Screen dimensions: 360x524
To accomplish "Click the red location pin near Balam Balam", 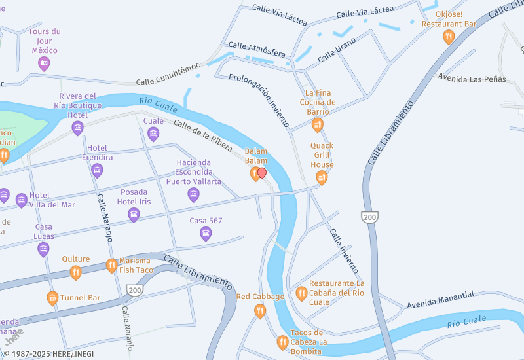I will [x=262, y=173].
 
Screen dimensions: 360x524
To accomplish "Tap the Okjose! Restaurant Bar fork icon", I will [x=449, y=37].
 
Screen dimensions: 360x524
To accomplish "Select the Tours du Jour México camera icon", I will [x=44, y=63].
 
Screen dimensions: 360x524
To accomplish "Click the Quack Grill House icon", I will [x=322, y=177].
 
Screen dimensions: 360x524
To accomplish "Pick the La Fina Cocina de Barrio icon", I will [x=318, y=124].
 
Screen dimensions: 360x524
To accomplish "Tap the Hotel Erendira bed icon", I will [x=98, y=170].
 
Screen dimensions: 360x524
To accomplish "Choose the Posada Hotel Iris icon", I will [x=134, y=214].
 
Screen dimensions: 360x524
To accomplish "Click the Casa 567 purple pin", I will [x=206, y=233].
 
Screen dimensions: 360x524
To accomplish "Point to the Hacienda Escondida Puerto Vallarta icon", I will [x=193, y=194].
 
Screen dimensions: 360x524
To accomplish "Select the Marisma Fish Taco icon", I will [x=112, y=265].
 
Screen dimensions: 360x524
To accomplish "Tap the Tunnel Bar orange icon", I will [x=52, y=298].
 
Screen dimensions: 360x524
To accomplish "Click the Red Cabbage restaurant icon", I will [x=260, y=311].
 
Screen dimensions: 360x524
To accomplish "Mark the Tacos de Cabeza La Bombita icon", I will [x=282, y=342].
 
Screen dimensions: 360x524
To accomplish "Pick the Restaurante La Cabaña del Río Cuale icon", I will [x=301, y=293].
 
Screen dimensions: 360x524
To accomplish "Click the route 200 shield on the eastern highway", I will [x=370, y=216].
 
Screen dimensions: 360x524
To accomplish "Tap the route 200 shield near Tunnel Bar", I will [x=135, y=290].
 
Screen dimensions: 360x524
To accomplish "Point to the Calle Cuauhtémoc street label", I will [x=168, y=82].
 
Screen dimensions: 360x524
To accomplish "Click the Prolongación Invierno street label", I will [x=259, y=99].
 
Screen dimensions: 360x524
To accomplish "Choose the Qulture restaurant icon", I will [x=76, y=272].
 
